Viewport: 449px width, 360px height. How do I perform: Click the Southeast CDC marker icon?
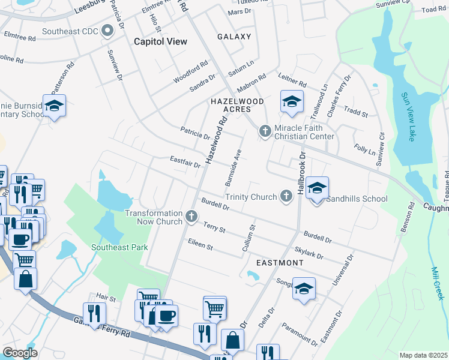tap(108, 31)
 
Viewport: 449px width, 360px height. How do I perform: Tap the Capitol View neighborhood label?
tap(160, 41)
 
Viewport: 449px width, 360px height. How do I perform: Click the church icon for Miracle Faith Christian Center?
tap(265, 131)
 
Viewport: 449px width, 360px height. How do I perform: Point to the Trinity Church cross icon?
tap(287, 196)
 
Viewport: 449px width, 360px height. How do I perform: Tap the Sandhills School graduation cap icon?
tap(316, 189)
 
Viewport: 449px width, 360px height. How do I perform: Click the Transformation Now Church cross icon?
tap(191, 217)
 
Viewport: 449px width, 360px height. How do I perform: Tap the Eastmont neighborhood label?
tap(280, 263)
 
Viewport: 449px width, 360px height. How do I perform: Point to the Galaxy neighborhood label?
tap(234, 37)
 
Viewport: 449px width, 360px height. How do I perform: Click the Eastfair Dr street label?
tap(184, 162)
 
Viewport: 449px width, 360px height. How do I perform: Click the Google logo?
tap(20, 352)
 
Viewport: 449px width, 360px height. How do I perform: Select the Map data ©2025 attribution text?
tap(423, 355)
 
